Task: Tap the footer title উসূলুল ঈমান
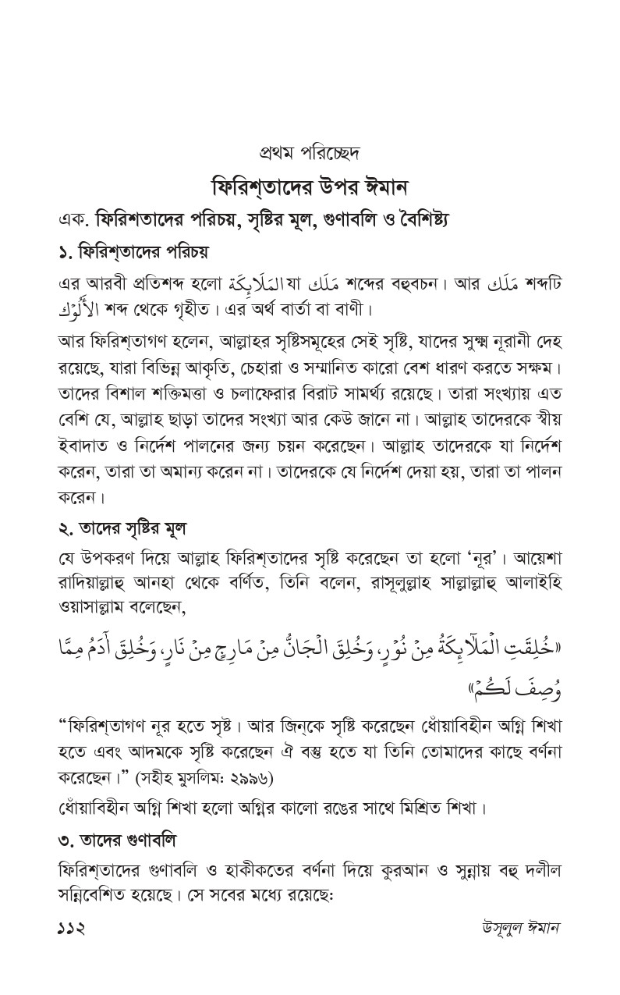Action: pos(520,929)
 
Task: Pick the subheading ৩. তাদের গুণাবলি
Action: pos(117,841)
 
